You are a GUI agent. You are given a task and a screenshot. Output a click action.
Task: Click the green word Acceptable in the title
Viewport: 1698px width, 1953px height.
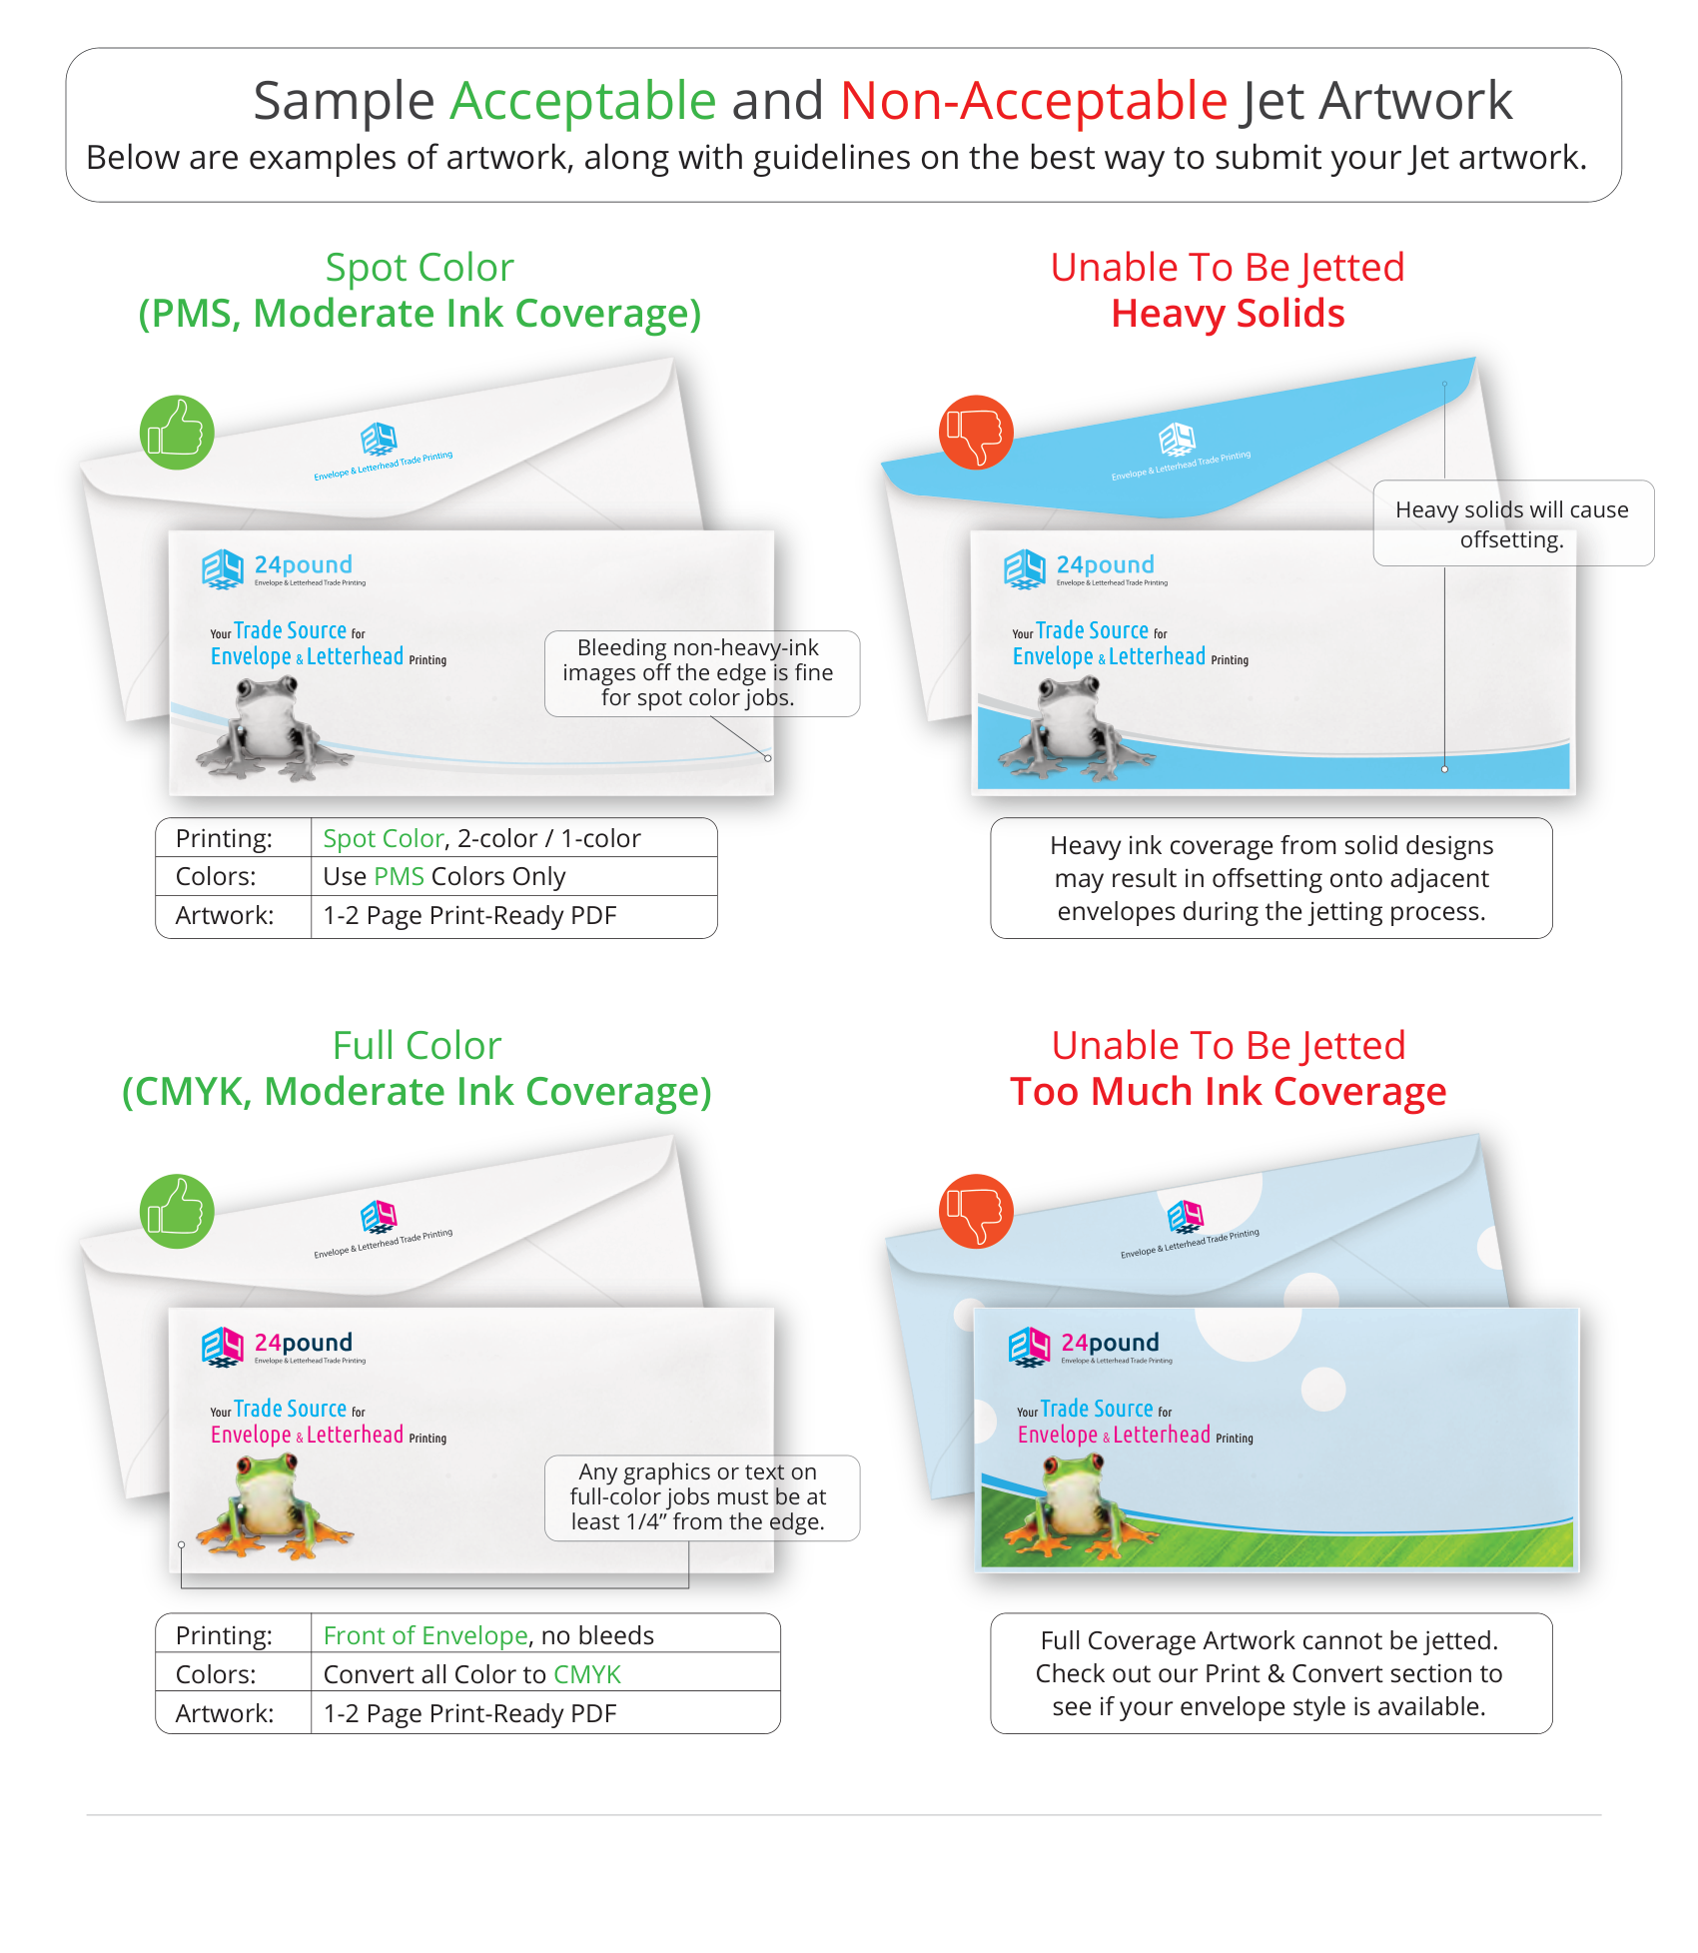pos(582,101)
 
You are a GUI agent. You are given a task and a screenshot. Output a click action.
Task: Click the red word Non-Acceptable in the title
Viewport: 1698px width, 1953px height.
pos(1033,101)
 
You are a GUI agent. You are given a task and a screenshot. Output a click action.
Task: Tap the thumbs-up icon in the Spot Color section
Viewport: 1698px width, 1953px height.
pos(177,433)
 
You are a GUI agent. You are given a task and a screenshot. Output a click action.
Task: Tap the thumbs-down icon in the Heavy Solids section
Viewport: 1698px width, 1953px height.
pos(976,433)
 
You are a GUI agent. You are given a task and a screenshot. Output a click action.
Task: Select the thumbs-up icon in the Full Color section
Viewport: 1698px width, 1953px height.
pos(177,1211)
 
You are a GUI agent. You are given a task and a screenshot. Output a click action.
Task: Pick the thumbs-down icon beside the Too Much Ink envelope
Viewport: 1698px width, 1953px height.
pos(976,1211)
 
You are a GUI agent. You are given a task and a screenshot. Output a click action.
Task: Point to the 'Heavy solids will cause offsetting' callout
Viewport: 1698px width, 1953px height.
pos(1512,523)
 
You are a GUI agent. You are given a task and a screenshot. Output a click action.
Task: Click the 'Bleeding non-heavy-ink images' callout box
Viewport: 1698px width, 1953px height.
pos(701,672)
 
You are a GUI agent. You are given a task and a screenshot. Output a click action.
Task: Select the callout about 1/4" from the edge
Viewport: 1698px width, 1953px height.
pos(701,1496)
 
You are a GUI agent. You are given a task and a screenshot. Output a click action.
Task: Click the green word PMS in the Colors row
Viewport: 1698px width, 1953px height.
pos(399,876)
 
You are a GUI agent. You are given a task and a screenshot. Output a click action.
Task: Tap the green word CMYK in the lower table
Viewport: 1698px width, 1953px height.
pos(587,1674)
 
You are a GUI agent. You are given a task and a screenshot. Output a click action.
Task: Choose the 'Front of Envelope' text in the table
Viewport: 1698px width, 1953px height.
pos(424,1635)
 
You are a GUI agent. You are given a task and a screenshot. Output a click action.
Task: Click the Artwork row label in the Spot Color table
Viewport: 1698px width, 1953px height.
pos(225,915)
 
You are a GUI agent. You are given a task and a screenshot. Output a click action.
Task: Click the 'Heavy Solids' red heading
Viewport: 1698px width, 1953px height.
pos(1228,314)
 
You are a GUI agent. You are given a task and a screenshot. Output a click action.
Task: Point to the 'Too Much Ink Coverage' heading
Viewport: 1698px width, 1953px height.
pos(1228,1092)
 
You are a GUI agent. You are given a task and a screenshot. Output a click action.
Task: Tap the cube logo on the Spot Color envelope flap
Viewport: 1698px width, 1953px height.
pos(379,438)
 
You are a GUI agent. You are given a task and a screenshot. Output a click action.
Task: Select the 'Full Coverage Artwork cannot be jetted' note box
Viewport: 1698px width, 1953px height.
pos(1271,1673)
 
